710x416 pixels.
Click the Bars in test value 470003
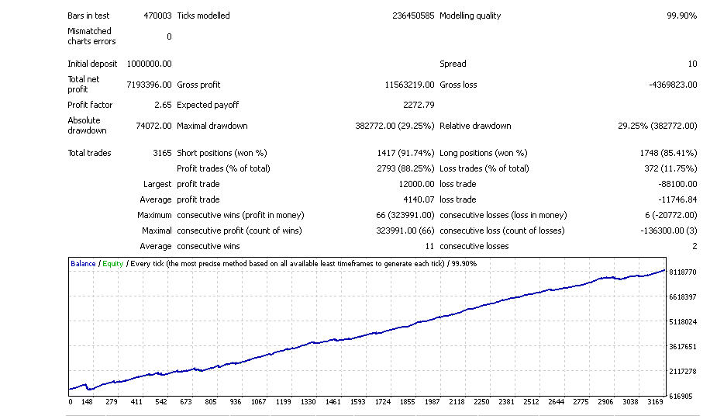(157, 16)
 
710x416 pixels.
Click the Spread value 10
(692, 64)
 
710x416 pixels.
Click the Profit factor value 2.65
(164, 105)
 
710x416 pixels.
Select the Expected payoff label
(208, 105)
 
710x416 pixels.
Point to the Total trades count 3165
(162, 153)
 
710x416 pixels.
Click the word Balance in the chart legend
(83, 264)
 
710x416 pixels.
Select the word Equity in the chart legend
(112, 264)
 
